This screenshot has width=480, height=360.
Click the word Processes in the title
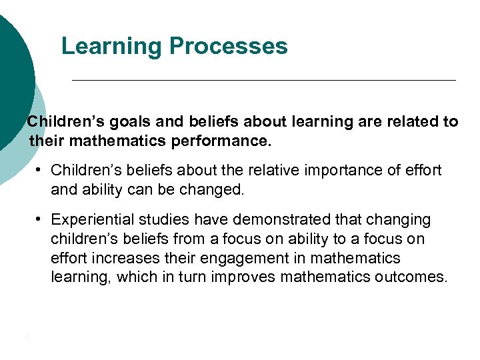coord(229,47)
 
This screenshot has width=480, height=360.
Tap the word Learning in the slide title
coord(112,47)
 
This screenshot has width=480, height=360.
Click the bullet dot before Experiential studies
coord(41,219)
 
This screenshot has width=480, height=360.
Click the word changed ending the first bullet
coord(217,189)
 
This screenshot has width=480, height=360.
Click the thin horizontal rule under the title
coord(263,80)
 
